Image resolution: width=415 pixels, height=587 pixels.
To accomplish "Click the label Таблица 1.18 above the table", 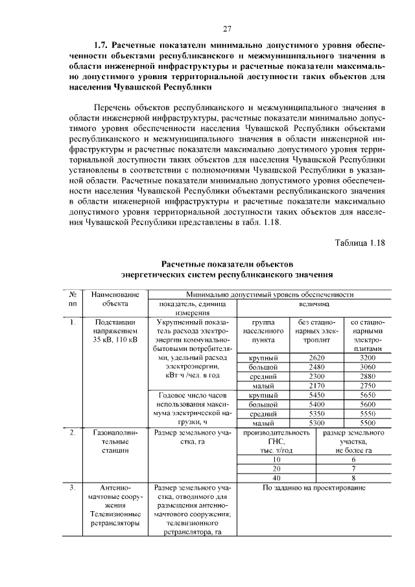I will (360, 243).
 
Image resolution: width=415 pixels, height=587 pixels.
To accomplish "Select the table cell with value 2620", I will (316, 358).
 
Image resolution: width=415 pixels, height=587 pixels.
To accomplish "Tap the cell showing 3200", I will (368, 358).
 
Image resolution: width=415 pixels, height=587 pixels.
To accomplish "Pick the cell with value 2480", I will (316, 367).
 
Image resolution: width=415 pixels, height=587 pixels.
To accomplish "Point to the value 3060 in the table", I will (368, 367).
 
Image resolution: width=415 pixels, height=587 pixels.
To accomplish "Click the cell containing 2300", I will (316, 376).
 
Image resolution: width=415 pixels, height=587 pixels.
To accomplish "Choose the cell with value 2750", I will (368, 385).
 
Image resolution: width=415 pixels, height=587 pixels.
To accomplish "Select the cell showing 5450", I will (316, 395).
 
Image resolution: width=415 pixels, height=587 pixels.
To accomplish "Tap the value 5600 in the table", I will (368, 404).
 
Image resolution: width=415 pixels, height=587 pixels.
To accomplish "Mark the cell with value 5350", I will (316, 413).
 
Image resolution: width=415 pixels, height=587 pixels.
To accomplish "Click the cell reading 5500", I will (368, 422).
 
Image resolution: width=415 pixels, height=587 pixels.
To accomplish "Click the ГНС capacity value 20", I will (276, 468).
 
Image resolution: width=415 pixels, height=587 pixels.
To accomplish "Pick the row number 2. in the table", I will (73, 432).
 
